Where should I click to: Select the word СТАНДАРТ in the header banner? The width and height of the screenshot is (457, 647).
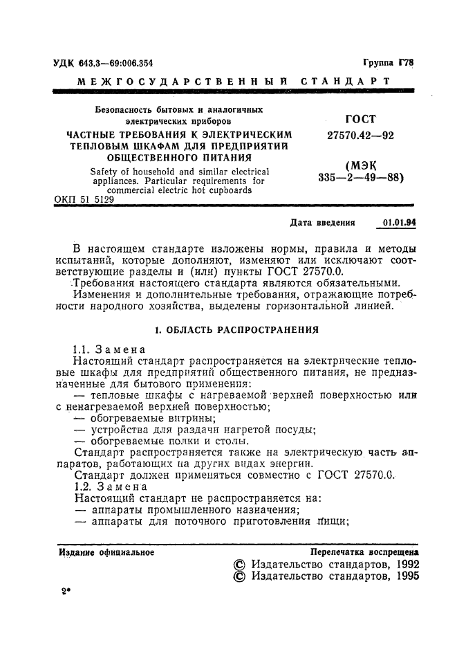[x=346, y=82]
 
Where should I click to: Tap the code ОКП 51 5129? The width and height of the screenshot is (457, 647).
[x=84, y=199]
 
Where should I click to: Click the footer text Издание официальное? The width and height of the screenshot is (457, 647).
[x=106, y=552]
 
